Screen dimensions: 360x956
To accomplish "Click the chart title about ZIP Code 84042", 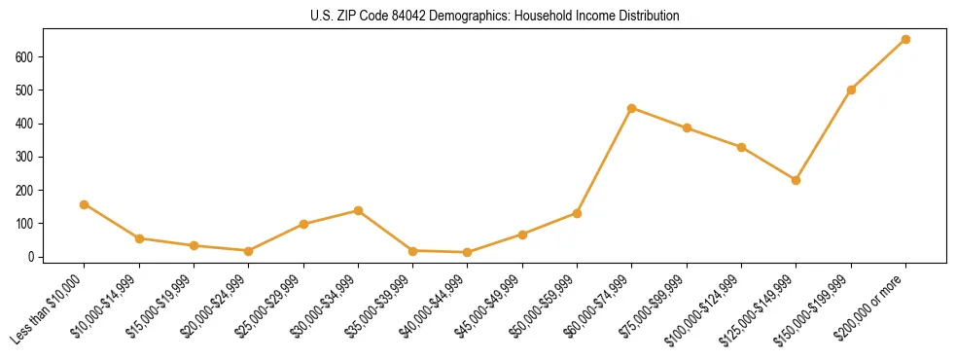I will click(x=478, y=16).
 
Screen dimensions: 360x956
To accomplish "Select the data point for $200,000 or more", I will click(x=905, y=40).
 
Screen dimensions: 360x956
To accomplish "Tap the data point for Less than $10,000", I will click(x=85, y=204).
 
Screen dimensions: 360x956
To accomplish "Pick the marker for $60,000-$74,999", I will click(x=632, y=108).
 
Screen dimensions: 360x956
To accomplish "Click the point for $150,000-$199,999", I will click(x=851, y=90).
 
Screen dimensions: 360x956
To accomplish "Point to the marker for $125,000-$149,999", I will click(x=797, y=180).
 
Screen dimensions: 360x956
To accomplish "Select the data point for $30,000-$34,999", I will click(x=359, y=210).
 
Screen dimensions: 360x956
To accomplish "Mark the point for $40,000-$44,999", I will click(x=468, y=252).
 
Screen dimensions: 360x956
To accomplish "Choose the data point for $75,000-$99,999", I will click(x=687, y=128).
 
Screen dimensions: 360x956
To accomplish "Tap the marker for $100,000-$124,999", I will click(x=741, y=147).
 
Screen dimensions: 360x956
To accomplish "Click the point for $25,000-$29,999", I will click(x=303, y=224).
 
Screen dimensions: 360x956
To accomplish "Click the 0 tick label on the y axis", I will click(x=32, y=257).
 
